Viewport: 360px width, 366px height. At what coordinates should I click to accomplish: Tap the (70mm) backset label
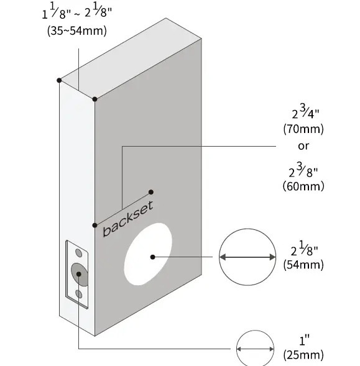(303, 129)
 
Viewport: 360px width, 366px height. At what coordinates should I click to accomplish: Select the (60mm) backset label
(303, 186)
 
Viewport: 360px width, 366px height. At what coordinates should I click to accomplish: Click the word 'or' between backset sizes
(303, 147)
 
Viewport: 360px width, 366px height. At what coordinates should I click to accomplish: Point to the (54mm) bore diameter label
(303, 264)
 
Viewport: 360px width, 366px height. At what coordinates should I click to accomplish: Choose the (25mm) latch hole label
(303, 355)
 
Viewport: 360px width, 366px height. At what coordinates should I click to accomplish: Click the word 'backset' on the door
(127, 219)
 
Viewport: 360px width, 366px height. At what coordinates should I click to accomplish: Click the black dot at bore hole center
(152, 257)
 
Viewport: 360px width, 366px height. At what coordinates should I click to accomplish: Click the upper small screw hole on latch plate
(78, 252)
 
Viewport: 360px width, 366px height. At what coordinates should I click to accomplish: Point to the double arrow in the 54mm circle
(248, 257)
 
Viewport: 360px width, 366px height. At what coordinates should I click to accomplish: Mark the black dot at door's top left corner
(58, 80)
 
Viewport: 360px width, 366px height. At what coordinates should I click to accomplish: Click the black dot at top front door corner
(95, 99)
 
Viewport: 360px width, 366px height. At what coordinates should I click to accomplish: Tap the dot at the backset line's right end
(151, 192)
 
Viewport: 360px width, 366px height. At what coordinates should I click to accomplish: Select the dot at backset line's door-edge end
(95, 224)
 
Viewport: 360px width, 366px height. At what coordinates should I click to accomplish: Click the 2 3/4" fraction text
(303, 113)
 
